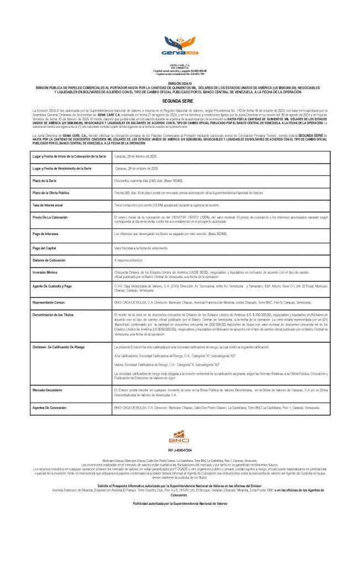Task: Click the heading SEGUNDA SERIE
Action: [179, 102]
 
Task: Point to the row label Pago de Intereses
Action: [49, 234]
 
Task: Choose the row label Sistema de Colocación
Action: [51, 259]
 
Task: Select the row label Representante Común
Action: [51, 303]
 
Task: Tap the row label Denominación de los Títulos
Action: [54, 313]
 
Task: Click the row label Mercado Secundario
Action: [50, 390]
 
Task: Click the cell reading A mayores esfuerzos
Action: [133, 259]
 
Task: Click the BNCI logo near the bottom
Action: [179, 438]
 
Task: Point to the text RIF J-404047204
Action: [179, 450]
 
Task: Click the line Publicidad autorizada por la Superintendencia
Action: [179, 503]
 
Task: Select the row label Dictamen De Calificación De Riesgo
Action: [57, 347]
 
